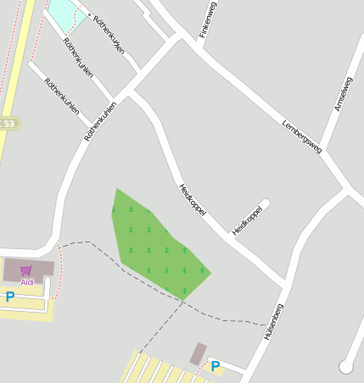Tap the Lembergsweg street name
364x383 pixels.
(x=301, y=135)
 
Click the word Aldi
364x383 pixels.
(x=27, y=281)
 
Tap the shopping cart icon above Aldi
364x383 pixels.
(x=26, y=271)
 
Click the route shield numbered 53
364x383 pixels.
(x=8, y=124)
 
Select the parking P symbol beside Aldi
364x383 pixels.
(x=10, y=297)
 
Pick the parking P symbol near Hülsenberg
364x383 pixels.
(x=216, y=366)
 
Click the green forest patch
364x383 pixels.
(x=157, y=246)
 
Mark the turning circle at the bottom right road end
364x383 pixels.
(x=345, y=366)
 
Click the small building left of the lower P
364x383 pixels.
(x=199, y=354)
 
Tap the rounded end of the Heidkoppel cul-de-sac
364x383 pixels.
(x=265, y=203)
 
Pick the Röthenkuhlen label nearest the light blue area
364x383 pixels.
(x=108, y=34)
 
